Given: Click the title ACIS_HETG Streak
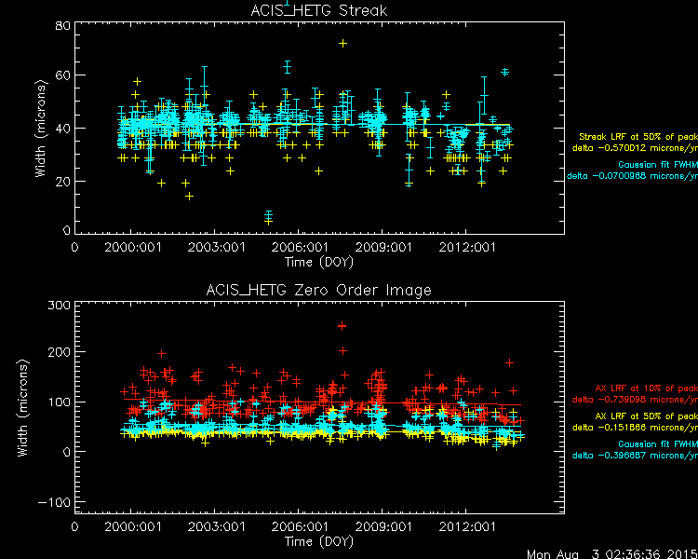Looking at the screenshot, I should (318, 11).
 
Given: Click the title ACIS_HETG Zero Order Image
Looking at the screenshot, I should (318, 291).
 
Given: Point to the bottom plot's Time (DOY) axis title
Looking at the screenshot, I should (318, 541).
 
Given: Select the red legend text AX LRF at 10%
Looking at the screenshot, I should (646, 388).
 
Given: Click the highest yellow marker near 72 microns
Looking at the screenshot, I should (343, 43).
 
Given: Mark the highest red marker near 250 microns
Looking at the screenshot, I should (342, 326).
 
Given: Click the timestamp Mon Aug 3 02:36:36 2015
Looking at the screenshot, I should (611, 552).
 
